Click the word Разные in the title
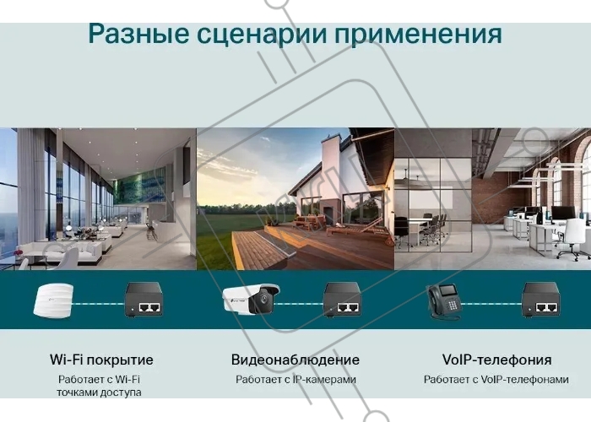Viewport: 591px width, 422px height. coord(138,35)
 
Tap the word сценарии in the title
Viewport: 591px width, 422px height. coord(262,35)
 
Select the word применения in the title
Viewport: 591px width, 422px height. coord(419,35)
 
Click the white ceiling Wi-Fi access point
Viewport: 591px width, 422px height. coord(53,300)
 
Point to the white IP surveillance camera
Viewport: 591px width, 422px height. coord(251,299)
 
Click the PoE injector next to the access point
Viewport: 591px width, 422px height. coord(144,300)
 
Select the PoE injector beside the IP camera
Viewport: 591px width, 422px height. coord(342,300)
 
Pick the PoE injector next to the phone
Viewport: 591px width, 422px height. coord(541,300)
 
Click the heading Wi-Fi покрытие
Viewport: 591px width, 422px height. coord(101,360)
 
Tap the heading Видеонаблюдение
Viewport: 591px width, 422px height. coord(295,360)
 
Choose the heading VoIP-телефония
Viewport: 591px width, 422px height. coord(496,360)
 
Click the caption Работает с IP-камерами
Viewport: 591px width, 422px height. coord(295,380)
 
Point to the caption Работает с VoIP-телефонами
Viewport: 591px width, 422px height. coord(496,380)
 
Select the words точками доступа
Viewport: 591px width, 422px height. coord(99,392)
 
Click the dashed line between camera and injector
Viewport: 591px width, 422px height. coord(299,304)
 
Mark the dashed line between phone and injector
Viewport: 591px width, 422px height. coord(491,304)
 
